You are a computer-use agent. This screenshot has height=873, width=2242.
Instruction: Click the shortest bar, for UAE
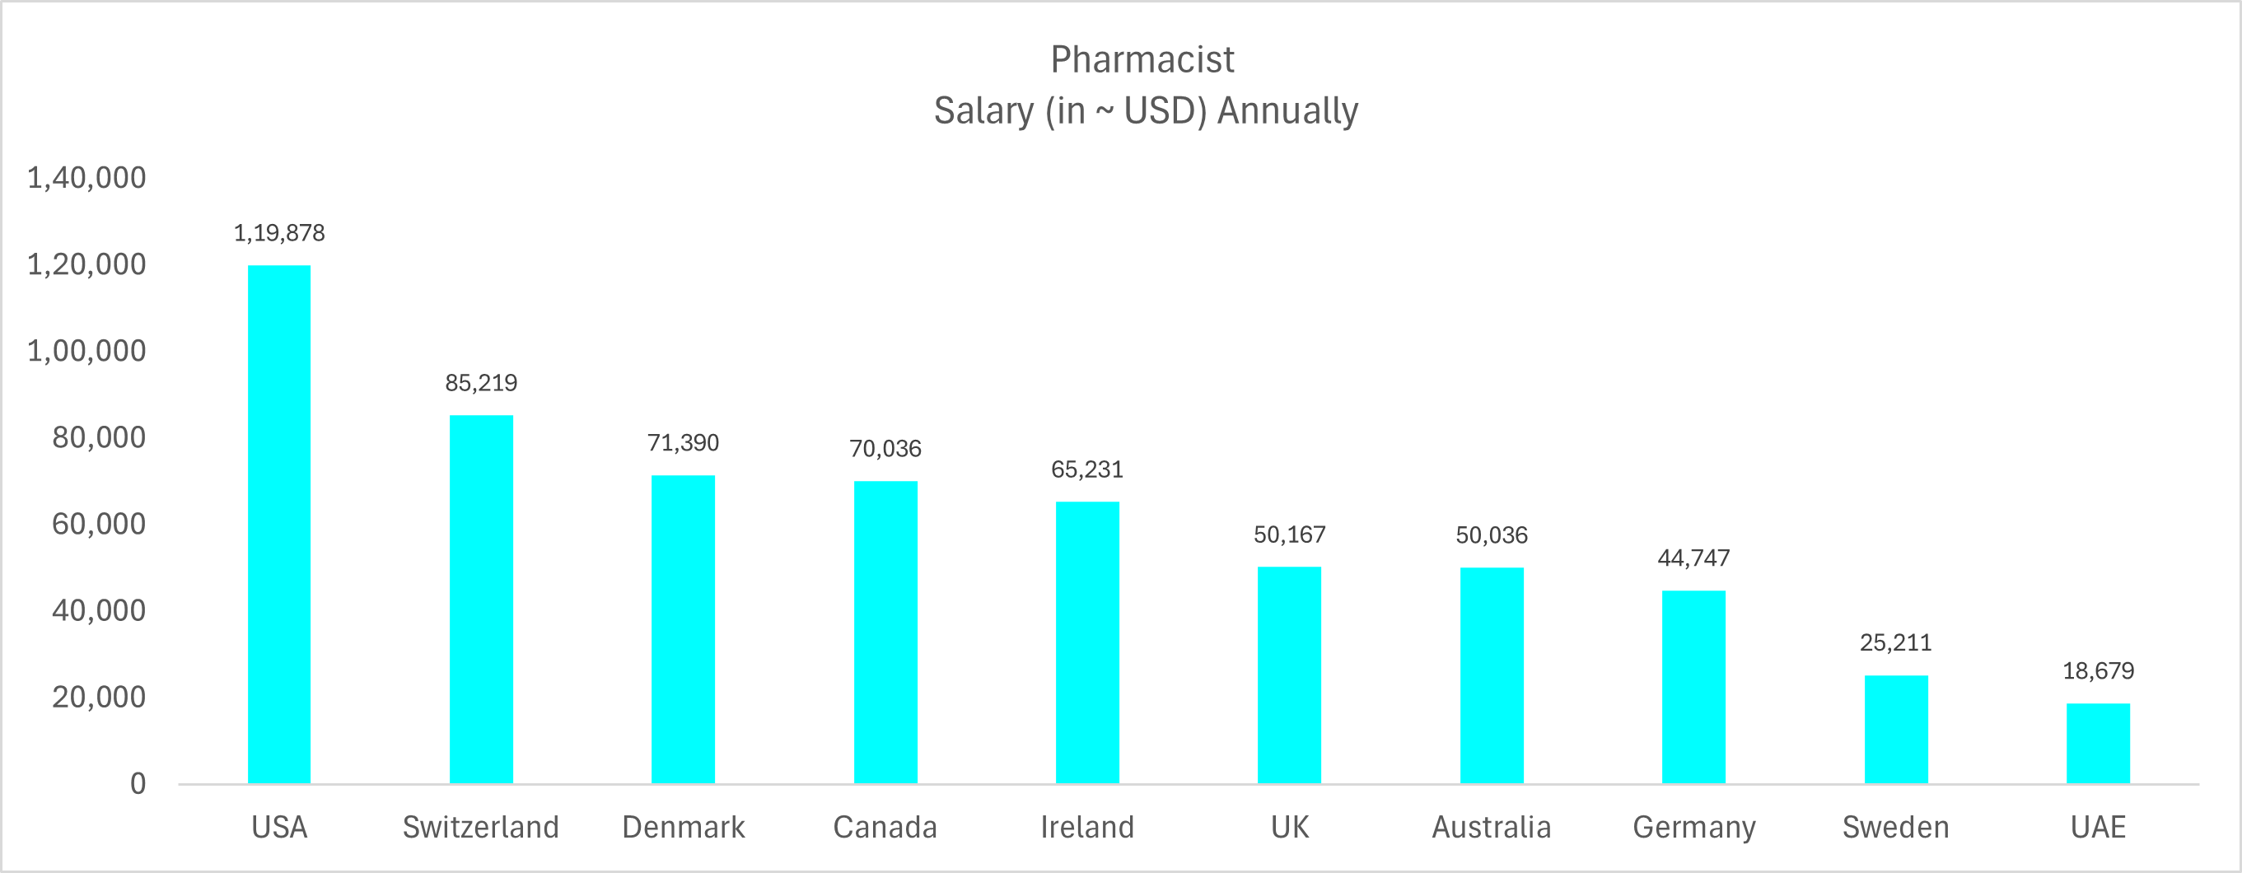pyautogui.click(x=2098, y=744)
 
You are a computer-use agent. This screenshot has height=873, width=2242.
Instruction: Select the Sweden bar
pyautogui.click(x=1895, y=730)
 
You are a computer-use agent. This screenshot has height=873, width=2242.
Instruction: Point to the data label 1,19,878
pyautogui.click(x=278, y=233)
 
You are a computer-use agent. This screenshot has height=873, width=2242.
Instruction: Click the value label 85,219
pyautogui.click(x=480, y=383)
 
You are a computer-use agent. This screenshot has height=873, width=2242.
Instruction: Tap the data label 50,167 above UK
pyautogui.click(x=1289, y=535)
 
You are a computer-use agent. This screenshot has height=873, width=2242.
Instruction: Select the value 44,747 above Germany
pyautogui.click(x=1693, y=558)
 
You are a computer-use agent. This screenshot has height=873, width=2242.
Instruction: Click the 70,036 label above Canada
pyautogui.click(x=885, y=449)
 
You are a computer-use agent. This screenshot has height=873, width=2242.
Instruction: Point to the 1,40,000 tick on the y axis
pyautogui.click(x=86, y=178)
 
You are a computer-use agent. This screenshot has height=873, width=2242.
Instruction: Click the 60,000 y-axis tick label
pyautogui.click(x=98, y=524)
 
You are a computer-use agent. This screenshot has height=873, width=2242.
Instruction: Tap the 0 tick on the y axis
pyautogui.click(x=138, y=783)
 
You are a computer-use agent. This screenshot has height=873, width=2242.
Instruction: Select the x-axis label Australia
pyautogui.click(x=1491, y=827)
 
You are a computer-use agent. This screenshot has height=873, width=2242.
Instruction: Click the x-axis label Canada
pyautogui.click(x=885, y=827)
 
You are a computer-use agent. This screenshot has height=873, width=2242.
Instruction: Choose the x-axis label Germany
pyautogui.click(x=1693, y=827)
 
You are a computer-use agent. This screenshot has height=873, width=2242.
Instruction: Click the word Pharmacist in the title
pyautogui.click(x=1142, y=59)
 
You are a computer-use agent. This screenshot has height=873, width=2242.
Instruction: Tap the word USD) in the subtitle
pyautogui.click(x=1165, y=110)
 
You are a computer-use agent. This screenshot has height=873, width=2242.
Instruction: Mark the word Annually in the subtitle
pyautogui.click(x=1287, y=110)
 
